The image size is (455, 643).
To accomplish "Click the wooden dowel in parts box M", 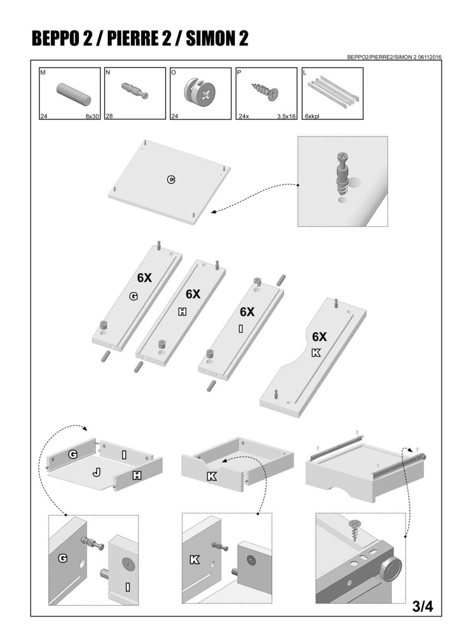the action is pyautogui.click(x=73, y=94).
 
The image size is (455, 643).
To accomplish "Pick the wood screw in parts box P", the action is pyautogui.click(x=265, y=91).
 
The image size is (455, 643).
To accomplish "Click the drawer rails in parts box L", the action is pyautogui.click(x=333, y=92).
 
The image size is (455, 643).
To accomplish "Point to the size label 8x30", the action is pyautogui.click(x=92, y=116).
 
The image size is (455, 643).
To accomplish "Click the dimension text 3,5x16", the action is pyautogui.click(x=287, y=116).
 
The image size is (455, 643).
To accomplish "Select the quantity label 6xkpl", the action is pyautogui.click(x=312, y=116).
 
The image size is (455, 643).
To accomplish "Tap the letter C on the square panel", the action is pyautogui.click(x=171, y=180).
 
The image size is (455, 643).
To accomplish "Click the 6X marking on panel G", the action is pyautogui.click(x=144, y=278).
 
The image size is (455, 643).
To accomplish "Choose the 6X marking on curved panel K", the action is pyautogui.click(x=319, y=337).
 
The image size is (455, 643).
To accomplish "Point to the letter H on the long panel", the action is pyautogui.click(x=182, y=311).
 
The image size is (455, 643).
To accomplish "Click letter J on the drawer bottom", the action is pyautogui.click(x=97, y=472).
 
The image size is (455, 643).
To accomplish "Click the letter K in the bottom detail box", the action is pyautogui.click(x=195, y=559).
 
